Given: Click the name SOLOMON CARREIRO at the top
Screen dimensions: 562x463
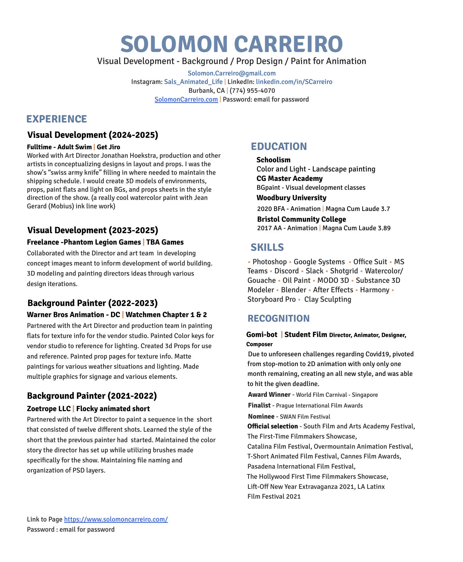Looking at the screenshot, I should click(x=231, y=44).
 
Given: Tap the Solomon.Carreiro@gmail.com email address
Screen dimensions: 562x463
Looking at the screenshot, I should click(x=231, y=73).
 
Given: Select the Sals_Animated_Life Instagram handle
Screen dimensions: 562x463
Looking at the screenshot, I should click(x=193, y=82).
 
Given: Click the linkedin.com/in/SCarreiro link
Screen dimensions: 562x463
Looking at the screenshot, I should click(x=294, y=82).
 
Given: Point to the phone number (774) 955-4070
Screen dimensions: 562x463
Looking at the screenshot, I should click(x=252, y=90).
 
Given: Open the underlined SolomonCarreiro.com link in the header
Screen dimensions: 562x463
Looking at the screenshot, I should click(x=186, y=99).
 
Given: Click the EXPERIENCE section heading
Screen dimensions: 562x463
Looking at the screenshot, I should click(x=57, y=119).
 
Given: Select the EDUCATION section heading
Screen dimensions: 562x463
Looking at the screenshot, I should click(x=279, y=146).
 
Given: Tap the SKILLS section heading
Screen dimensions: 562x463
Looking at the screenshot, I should click(x=267, y=247).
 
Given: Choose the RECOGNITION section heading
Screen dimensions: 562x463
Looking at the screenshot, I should click(x=279, y=318).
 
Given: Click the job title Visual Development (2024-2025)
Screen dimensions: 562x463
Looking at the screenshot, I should click(x=93, y=135).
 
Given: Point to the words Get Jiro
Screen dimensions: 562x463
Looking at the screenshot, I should click(x=108, y=147).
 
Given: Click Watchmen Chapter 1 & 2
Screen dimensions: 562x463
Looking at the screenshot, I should click(x=166, y=315).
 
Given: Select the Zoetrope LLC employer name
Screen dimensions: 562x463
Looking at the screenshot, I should click(x=49, y=409).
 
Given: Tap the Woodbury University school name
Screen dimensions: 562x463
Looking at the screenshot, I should click(x=291, y=198).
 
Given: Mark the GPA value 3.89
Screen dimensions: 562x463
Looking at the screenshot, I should click(x=384, y=228).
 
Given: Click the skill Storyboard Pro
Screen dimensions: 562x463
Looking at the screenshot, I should click(x=271, y=299).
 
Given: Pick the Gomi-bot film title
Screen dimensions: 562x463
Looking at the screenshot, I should click(x=262, y=335).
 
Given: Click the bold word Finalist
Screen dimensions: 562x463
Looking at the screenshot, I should click(x=259, y=406).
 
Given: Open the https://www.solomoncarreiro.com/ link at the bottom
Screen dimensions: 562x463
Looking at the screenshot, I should click(x=116, y=519).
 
